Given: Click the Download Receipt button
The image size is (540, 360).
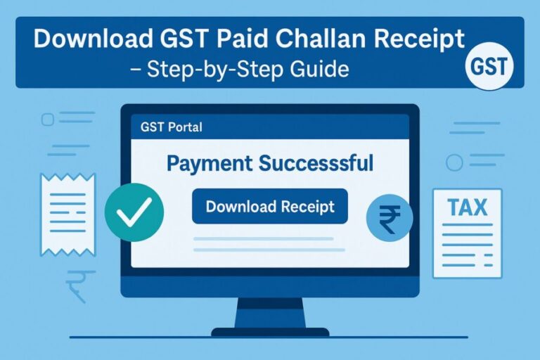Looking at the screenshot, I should [x=270, y=206].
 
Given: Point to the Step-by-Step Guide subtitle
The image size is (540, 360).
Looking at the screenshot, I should [x=270, y=70].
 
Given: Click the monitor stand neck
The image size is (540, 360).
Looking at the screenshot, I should [x=269, y=311].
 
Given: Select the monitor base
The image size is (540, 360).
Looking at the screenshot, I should [x=269, y=331].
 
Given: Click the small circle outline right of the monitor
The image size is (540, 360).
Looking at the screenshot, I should [x=454, y=162].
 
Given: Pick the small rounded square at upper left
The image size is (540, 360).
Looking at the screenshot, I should [x=48, y=120].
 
